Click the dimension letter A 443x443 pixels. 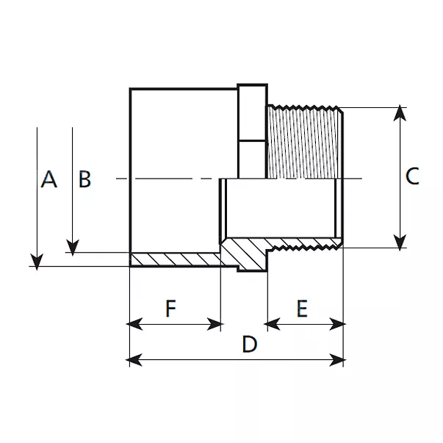[49, 179]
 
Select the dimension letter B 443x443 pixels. [85, 179]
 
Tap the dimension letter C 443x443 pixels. [412, 176]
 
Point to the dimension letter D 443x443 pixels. [250, 345]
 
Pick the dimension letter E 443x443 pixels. [302, 309]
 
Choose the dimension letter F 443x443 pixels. [170, 309]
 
